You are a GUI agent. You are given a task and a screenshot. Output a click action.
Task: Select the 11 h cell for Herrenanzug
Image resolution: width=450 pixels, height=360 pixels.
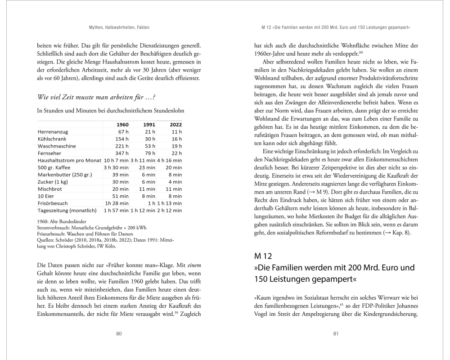[x=176, y=131]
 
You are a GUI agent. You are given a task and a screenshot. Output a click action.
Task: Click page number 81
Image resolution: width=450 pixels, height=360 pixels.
[x=336, y=333]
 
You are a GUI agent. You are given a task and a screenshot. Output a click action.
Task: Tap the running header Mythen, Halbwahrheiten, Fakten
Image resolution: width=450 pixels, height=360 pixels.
[x=119, y=28]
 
